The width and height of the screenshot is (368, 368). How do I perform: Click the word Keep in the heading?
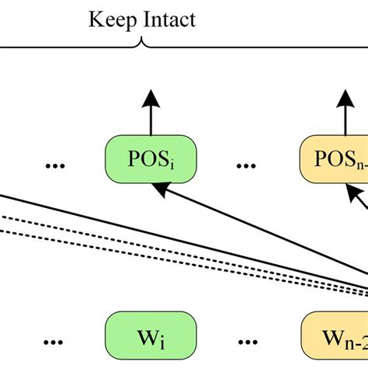coord(110,19)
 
